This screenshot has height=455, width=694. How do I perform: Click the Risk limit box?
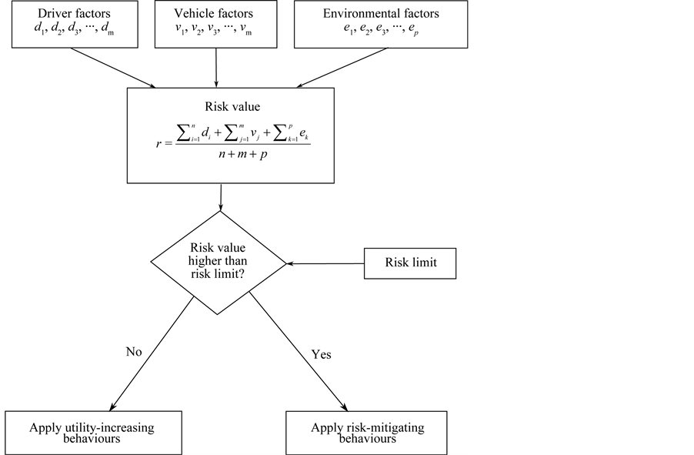[x=411, y=263]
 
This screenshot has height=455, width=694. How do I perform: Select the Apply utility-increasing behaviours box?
[x=93, y=432]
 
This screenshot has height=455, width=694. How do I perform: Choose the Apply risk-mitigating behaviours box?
[x=356, y=432]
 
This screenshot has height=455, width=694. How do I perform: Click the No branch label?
[x=134, y=352]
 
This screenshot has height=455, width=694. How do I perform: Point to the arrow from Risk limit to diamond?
[x=325, y=263]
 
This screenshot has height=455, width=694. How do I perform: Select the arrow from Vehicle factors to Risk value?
[x=217, y=65]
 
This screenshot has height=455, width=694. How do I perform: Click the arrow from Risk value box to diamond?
[x=222, y=198]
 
